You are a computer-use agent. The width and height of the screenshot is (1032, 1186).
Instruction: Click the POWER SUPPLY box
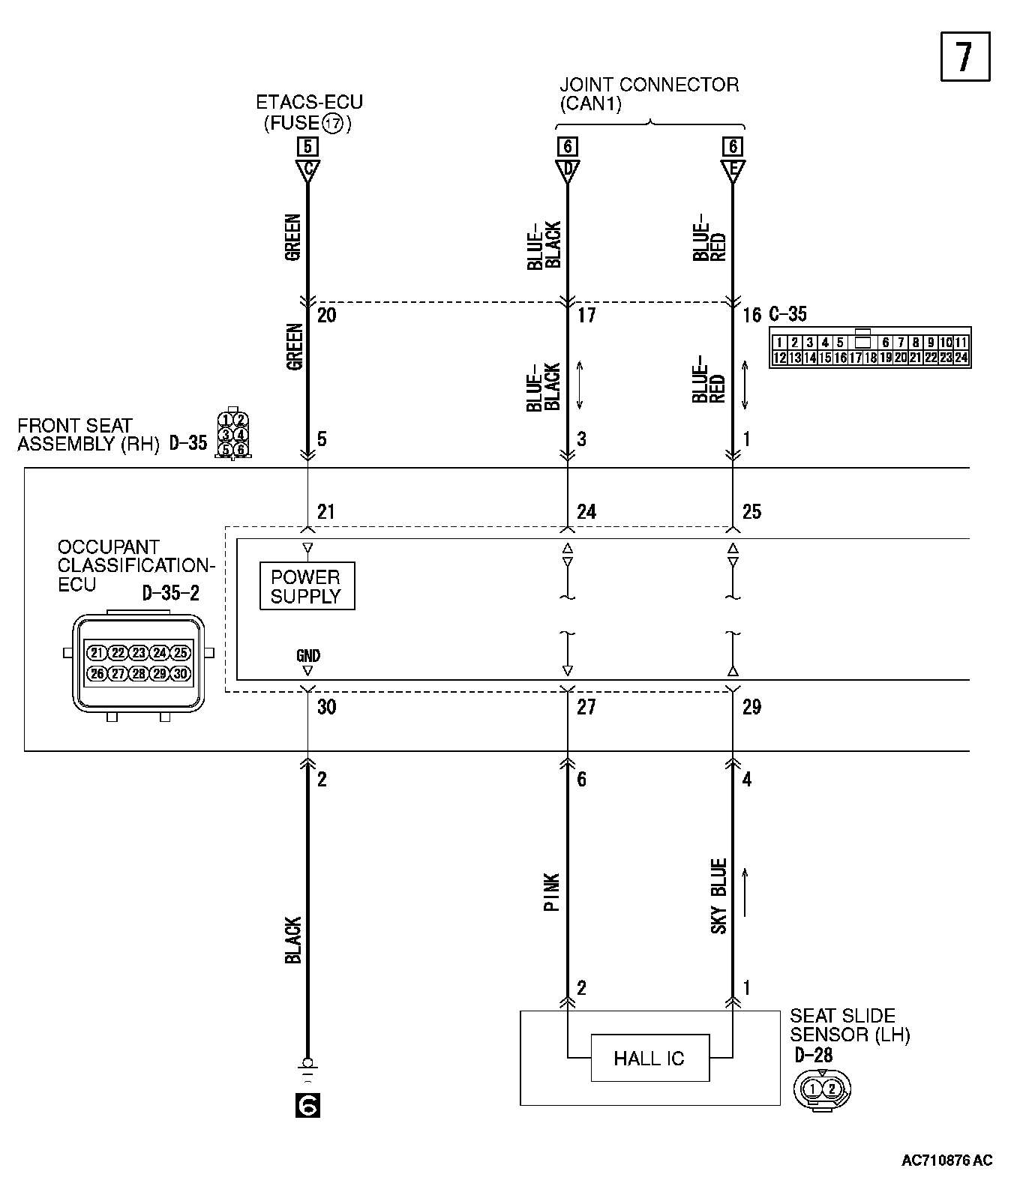point(306,586)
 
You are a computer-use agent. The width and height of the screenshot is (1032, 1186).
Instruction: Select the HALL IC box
point(649,1058)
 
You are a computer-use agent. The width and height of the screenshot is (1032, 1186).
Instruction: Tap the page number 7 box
point(964,56)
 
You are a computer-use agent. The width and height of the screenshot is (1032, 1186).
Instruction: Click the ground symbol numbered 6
point(307,1105)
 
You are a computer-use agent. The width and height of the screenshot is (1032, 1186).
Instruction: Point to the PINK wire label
point(552,891)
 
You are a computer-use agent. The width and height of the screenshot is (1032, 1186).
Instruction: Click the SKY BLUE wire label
point(718,896)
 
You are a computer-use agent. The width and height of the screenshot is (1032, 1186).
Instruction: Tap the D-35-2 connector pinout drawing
point(139,663)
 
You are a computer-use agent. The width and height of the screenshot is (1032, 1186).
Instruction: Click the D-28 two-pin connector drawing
point(822,1088)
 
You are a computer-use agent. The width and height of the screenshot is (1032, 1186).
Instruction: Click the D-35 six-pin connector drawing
point(233,434)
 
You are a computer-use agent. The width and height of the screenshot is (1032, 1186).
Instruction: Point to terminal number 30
point(326,706)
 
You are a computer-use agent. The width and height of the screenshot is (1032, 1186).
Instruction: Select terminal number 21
point(325,511)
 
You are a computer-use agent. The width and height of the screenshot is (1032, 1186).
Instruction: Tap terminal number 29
point(751,706)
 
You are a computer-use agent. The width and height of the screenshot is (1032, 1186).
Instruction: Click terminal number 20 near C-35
point(326,314)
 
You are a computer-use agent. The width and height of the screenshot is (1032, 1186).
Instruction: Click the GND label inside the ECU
point(307,655)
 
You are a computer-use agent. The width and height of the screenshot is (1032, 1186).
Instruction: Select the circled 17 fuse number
point(333,124)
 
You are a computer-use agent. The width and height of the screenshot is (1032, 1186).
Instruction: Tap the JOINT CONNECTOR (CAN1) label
point(649,94)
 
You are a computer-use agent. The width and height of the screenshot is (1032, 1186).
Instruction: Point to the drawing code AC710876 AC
point(946,1160)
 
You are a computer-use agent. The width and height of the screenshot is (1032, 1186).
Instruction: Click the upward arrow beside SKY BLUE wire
point(745,892)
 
